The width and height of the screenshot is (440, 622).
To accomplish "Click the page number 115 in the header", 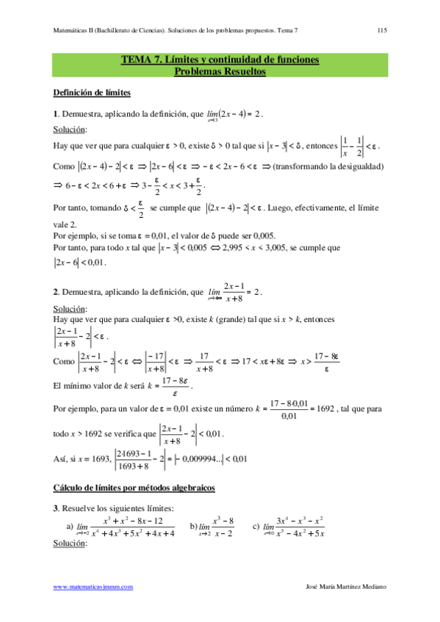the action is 382,32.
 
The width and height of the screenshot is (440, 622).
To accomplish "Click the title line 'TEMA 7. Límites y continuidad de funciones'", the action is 220,60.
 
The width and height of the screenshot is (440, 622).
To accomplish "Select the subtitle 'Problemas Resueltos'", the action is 220,71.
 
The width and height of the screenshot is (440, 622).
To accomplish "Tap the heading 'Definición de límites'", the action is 93,92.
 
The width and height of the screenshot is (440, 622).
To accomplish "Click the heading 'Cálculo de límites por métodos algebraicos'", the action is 134,488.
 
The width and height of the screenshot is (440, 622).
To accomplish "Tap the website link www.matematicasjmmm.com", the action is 93,587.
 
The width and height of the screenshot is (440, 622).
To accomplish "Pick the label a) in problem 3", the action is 70,527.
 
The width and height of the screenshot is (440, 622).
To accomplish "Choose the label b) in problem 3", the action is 193,527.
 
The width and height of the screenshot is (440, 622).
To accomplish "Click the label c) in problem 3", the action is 256,527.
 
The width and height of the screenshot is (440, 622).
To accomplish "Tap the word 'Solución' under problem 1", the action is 70,130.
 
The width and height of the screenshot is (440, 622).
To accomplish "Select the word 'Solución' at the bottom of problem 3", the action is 70,544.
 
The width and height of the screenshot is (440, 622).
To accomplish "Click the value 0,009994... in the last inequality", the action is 201,459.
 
